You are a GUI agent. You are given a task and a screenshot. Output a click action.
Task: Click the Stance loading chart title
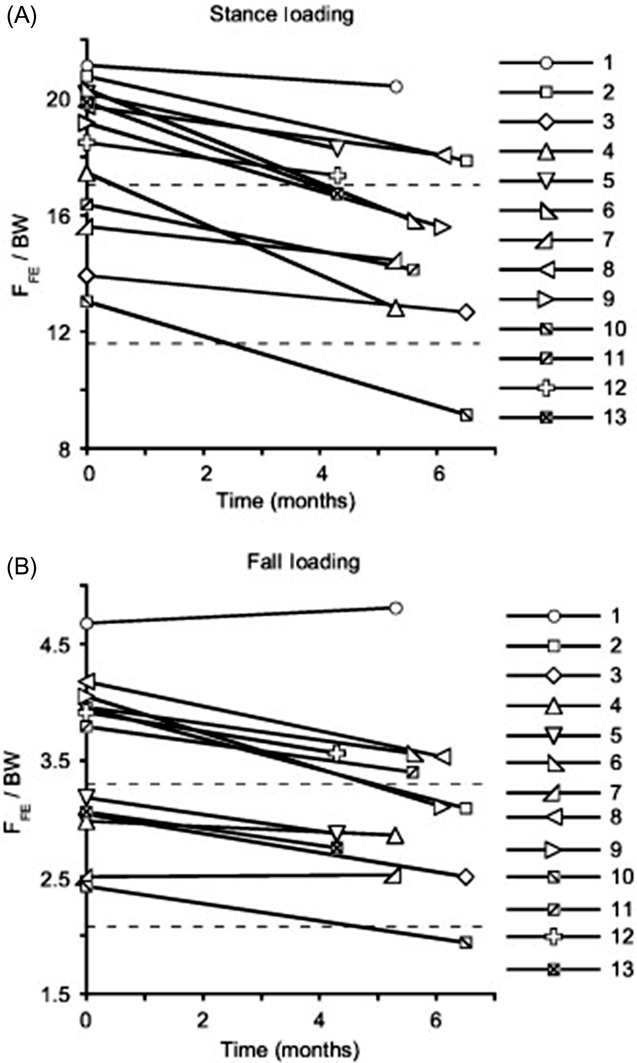(282, 14)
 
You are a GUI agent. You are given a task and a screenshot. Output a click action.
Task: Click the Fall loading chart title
(303, 562)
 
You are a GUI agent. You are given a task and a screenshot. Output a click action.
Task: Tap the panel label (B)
(22, 566)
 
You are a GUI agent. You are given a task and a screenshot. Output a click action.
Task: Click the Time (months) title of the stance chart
(286, 500)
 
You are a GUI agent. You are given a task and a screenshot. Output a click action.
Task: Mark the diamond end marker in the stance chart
(466, 313)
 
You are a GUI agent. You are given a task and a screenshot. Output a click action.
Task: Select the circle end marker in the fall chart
(396, 608)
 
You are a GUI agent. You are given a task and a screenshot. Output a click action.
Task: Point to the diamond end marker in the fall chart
(466, 877)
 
